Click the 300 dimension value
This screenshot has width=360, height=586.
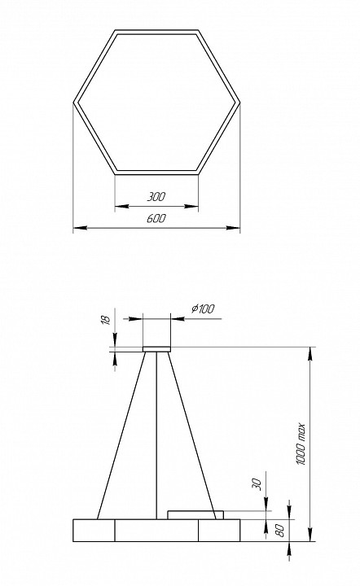pyautogui.click(x=156, y=197)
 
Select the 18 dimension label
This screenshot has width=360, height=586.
pyautogui.click(x=105, y=321)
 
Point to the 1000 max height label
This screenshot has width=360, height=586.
pyautogui.click(x=301, y=443)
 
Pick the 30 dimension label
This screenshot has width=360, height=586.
pyautogui.click(x=257, y=483)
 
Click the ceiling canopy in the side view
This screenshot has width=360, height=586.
pyautogui.click(x=156, y=348)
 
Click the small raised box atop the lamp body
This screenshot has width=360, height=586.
pyautogui.click(x=195, y=514)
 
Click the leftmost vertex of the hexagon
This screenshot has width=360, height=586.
pyautogui.click(x=74, y=103)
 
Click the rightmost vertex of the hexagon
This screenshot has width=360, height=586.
pyautogui.click(x=239, y=103)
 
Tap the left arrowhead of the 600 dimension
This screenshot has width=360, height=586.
pyautogui.click(x=77, y=229)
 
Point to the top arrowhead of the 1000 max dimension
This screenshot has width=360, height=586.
pyautogui.click(x=310, y=352)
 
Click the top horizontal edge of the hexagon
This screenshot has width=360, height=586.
pyautogui.click(x=156, y=33)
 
